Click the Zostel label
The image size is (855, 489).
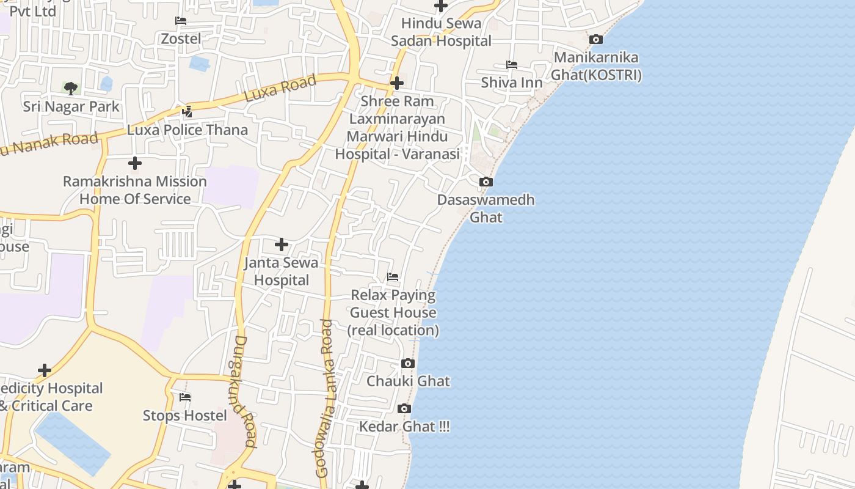click(x=180, y=39)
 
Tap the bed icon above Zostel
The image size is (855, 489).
click(x=180, y=21)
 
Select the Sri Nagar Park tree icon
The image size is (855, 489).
click(x=71, y=88)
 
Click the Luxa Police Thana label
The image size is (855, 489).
click(x=187, y=130)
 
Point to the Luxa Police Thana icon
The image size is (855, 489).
click(x=187, y=112)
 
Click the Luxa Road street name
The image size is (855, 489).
click(x=280, y=89)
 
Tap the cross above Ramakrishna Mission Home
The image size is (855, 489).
click(x=135, y=163)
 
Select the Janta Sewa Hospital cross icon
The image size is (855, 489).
click(x=281, y=244)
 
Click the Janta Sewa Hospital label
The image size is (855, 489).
click(x=281, y=271)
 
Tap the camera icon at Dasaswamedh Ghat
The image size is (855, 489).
click(x=486, y=182)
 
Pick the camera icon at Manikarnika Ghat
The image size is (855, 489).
click(x=596, y=40)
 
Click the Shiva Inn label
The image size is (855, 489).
click(x=512, y=83)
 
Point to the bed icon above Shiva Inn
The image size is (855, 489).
click(x=512, y=65)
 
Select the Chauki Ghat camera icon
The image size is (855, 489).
click(x=408, y=364)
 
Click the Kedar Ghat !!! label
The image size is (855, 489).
click(x=404, y=427)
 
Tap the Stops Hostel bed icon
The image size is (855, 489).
click(x=185, y=397)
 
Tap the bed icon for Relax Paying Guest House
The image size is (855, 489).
click(x=393, y=278)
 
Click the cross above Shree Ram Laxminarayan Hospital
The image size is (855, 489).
click(x=397, y=83)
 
